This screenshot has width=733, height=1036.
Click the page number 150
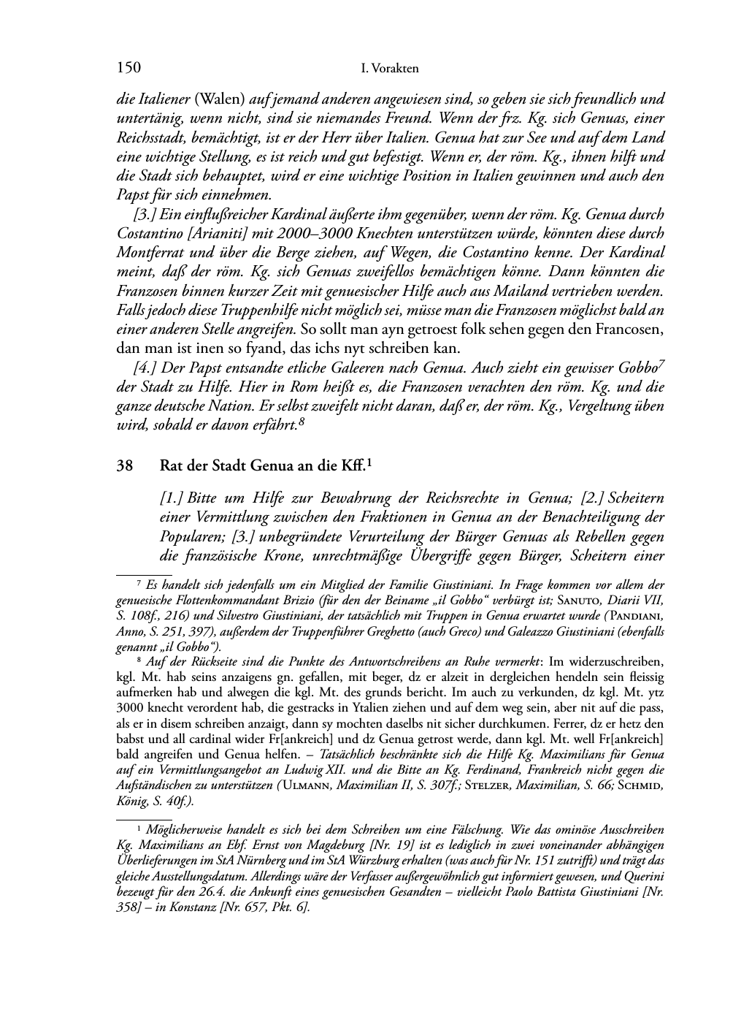(128, 68)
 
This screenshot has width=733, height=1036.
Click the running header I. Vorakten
(390, 69)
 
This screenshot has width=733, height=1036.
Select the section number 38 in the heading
(125, 464)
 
